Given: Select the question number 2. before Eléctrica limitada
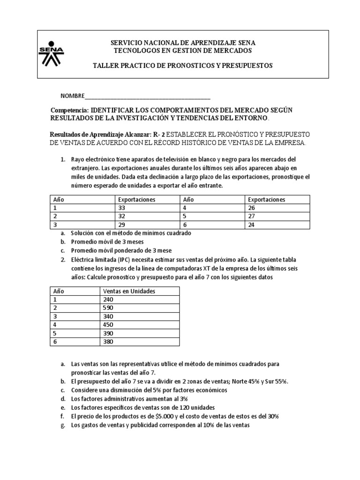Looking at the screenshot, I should [x=63, y=259].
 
